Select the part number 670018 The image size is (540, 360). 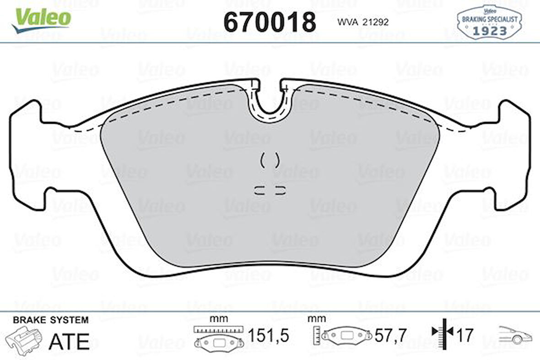270,22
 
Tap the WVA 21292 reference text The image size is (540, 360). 363,22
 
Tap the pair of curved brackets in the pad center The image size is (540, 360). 270,160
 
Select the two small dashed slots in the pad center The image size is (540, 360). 270,191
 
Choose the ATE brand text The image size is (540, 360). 69,341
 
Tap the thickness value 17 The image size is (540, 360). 464,336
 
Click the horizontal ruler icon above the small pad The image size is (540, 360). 217,329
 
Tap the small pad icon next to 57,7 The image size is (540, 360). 347,336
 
